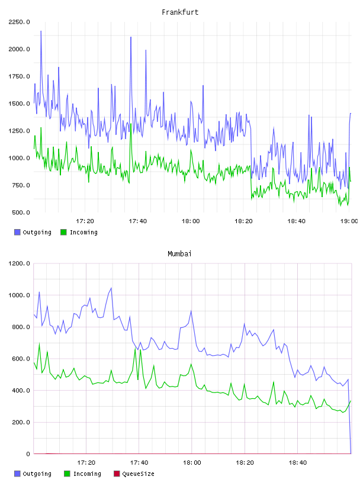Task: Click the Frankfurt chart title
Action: point(180,12)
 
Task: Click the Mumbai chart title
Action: point(179,253)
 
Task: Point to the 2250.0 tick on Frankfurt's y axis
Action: point(19,22)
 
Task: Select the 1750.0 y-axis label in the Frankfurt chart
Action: point(19,76)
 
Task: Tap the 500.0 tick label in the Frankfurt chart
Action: point(21,212)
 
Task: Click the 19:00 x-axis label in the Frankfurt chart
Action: point(349,221)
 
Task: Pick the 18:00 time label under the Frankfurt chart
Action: point(191,221)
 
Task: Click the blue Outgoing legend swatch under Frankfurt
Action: point(17,232)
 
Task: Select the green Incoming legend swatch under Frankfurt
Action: point(63,232)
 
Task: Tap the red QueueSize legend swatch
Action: point(117,474)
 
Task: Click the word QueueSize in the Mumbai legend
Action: point(138,474)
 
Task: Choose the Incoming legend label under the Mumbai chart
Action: point(87,474)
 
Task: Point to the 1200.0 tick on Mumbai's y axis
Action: point(19,263)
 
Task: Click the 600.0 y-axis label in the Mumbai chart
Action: point(21,359)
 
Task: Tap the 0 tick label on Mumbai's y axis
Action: point(28,454)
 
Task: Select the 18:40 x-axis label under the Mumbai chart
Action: point(297,462)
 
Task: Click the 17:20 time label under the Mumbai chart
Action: point(86,462)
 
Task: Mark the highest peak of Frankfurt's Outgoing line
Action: point(41,31)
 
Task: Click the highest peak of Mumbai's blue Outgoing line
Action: point(111,288)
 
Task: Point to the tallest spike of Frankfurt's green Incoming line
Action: point(131,124)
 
